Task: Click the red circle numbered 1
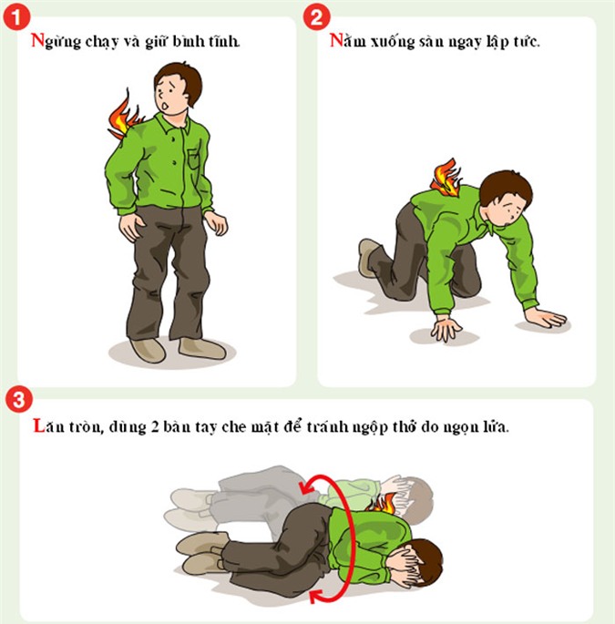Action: click(16, 16)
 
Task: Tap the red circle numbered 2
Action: click(316, 16)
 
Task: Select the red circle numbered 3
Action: click(19, 399)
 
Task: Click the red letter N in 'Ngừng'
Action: click(38, 41)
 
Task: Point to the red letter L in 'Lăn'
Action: click(38, 425)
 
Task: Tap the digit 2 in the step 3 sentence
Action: click(155, 426)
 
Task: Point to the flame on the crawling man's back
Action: click(446, 178)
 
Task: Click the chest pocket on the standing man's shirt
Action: click(193, 159)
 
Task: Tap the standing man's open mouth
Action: click(165, 107)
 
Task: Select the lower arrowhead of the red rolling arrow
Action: click(318, 596)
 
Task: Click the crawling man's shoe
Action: click(367, 257)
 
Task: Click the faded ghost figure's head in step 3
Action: click(418, 500)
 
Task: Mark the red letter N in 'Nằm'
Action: click(336, 41)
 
